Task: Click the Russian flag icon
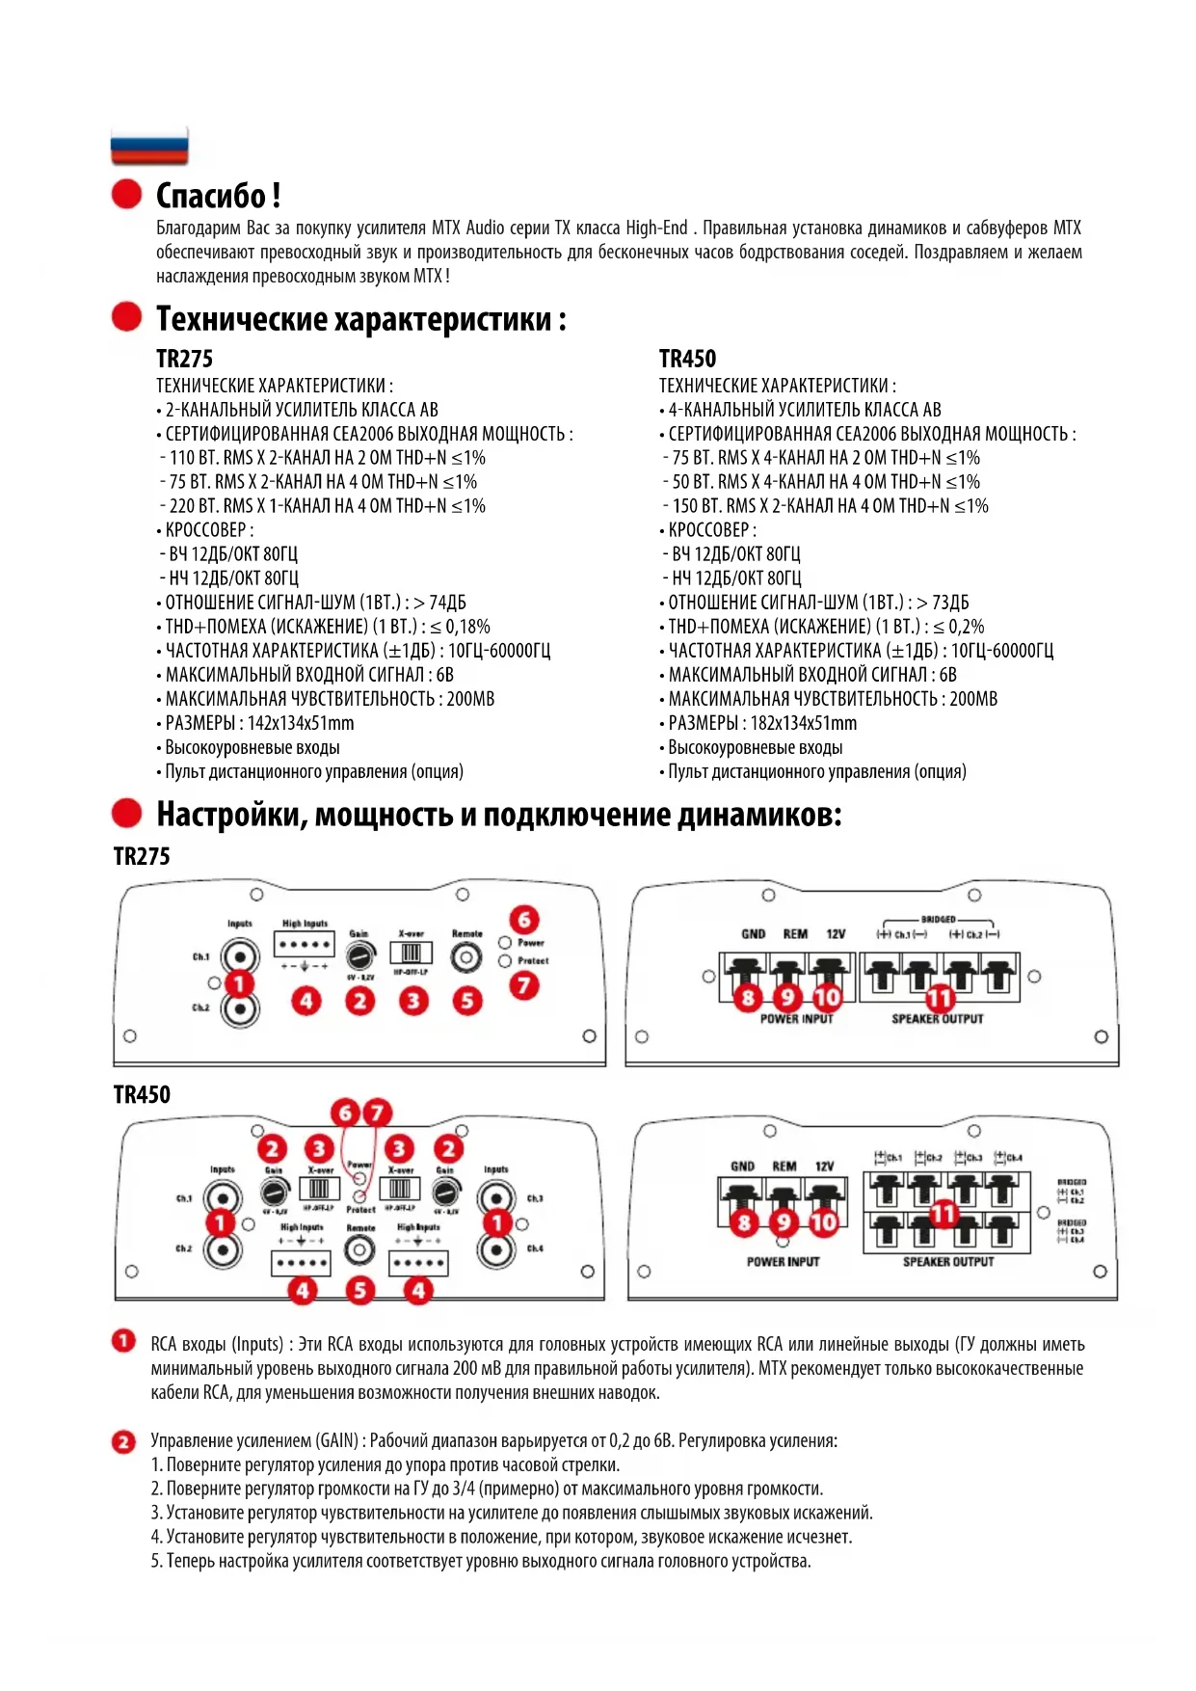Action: coord(149,146)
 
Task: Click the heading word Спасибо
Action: coord(213,196)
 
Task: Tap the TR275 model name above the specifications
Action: coord(184,360)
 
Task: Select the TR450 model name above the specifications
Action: coord(687,360)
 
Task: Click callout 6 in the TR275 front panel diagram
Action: coord(524,919)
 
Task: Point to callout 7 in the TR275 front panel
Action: coord(524,985)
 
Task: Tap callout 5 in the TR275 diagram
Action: coord(467,1001)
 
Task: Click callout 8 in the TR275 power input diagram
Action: coord(748,998)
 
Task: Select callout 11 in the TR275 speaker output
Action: coord(940,999)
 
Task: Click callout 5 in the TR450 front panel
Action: coord(359,1290)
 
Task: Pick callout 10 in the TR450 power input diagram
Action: coord(823,1223)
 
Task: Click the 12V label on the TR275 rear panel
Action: coord(836,934)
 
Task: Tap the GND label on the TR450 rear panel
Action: coord(742,1167)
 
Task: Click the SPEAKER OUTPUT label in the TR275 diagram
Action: coord(937,1019)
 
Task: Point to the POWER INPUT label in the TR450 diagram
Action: coord(783,1262)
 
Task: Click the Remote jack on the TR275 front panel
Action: coord(467,958)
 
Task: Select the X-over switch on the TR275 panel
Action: coord(412,953)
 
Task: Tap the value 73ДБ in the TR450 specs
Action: coord(950,603)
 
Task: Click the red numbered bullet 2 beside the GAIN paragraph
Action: coord(124,1442)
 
